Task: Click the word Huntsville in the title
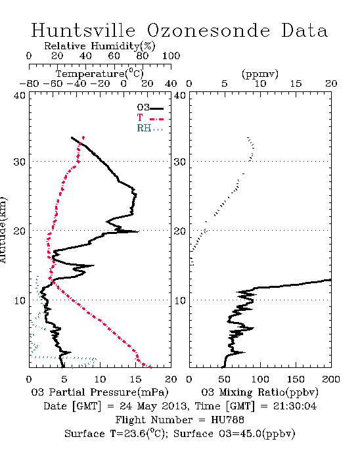coord(83,30)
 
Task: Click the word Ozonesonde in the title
coord(208,30)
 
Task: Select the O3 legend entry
coord(150,108)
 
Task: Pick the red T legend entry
coord(150,118)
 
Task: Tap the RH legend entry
coord(150,128)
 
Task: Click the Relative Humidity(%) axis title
coord(100,46)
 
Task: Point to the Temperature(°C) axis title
coord(100,74)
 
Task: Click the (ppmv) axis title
coord(260,74)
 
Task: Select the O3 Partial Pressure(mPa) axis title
coord(100,392)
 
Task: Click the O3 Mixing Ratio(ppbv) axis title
coord(259,392)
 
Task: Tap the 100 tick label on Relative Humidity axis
coord(171,56)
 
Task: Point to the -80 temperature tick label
coord(29,83)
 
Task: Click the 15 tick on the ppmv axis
coord(296,83)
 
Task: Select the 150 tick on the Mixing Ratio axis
coord(296,379)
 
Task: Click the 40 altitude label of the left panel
coord(20,95)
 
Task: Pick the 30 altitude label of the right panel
coord(180,162)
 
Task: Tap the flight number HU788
coord(227,420)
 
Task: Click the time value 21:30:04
coord(295,406)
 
